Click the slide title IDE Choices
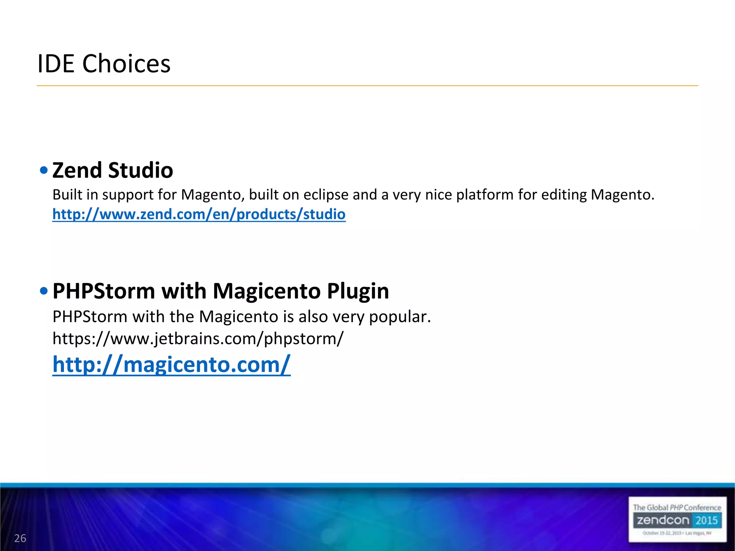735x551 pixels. (x=104, y=64)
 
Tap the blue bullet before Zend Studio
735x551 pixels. (x=44, y=170)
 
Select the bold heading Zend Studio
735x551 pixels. (x=113, y=170)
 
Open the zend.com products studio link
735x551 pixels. (x=199, y=214)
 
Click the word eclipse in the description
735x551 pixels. (x=326, y=195)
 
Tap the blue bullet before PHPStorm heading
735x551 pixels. (x=44, y=291)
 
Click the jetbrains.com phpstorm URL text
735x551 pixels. (x=198, y=339)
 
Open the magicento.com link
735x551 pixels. (x=171, y=364)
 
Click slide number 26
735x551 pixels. (x=20, y=538)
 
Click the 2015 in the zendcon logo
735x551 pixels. (x=706, y=520)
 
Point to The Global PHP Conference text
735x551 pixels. (x=677, y=507)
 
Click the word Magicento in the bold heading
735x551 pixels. (x=266, y=291)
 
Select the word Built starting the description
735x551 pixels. (x=67, y=195)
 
